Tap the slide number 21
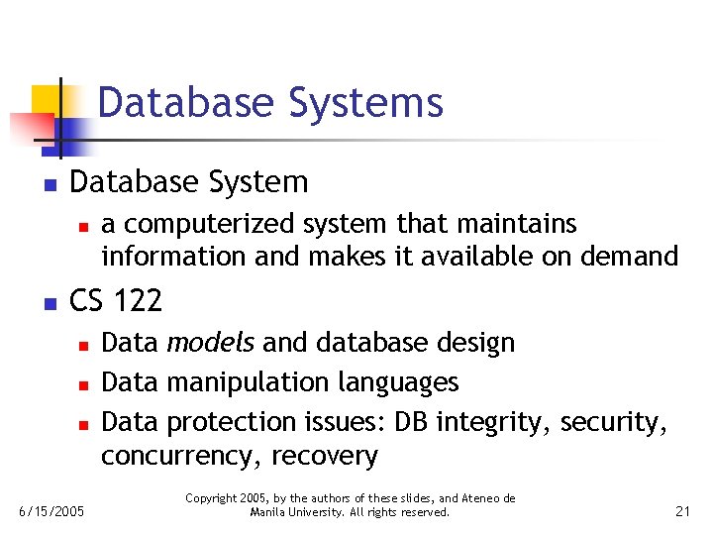pos(682,511)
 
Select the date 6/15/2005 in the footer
pos(52,511)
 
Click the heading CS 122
pos(116,299)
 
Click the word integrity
pos(501,422)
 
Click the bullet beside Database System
pos(48,184)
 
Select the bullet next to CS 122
pos(48,301)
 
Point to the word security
pos(614,422)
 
